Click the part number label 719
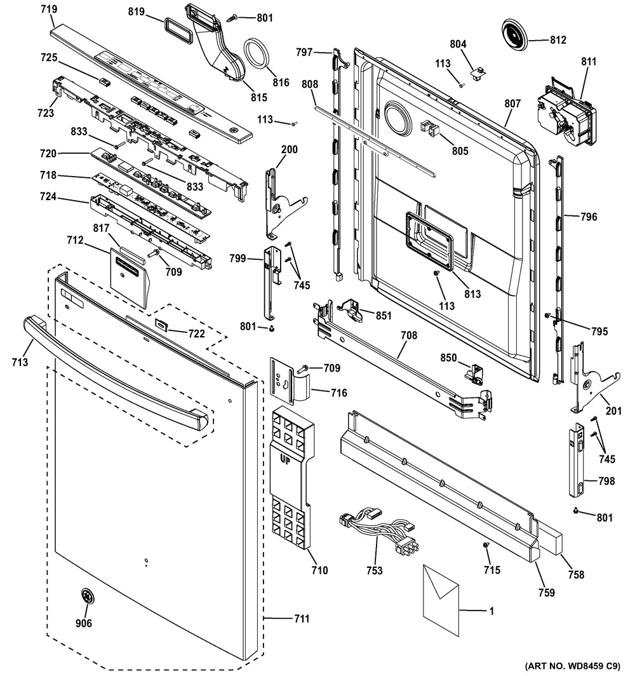click(49, 9)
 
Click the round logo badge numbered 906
click(86, 597)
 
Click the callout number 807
click(512, 104)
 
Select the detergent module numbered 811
click(566, 113)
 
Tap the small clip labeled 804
click(478, 73)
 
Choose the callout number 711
click(302, 619)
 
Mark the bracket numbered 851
click(352, 310)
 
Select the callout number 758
click(576, 574)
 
